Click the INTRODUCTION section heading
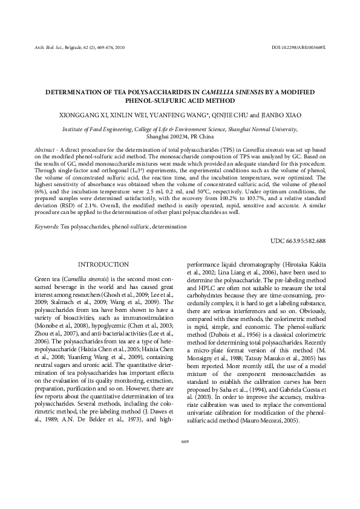104,265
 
